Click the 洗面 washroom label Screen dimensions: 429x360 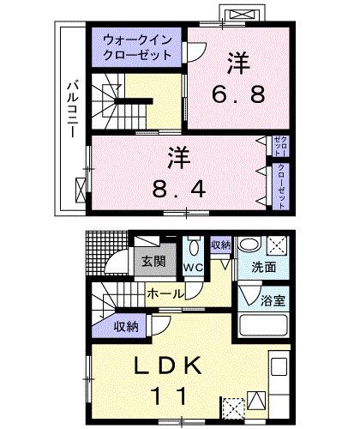(x=263, y=267)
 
